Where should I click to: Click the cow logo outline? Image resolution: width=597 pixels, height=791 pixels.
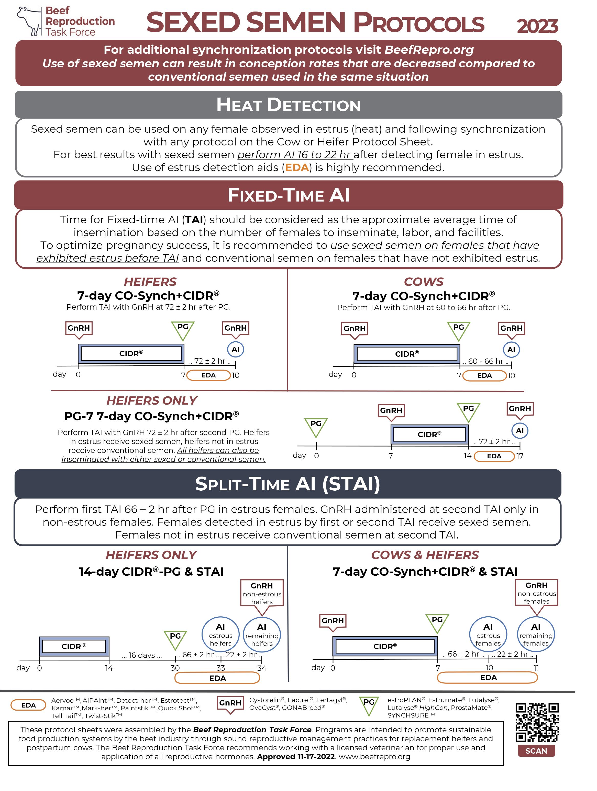coord(30,21)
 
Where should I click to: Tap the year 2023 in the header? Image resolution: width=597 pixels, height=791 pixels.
coord(537,26)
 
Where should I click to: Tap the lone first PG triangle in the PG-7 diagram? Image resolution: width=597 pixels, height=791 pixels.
coord(316,426)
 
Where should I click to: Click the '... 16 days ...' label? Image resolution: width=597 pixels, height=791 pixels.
coord(142,655)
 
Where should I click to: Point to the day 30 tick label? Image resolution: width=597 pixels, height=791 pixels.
coord(175,668)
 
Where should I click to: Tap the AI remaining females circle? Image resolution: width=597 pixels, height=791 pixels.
coord(536,634)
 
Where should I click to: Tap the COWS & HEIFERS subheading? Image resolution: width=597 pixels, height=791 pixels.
coord(425,555)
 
